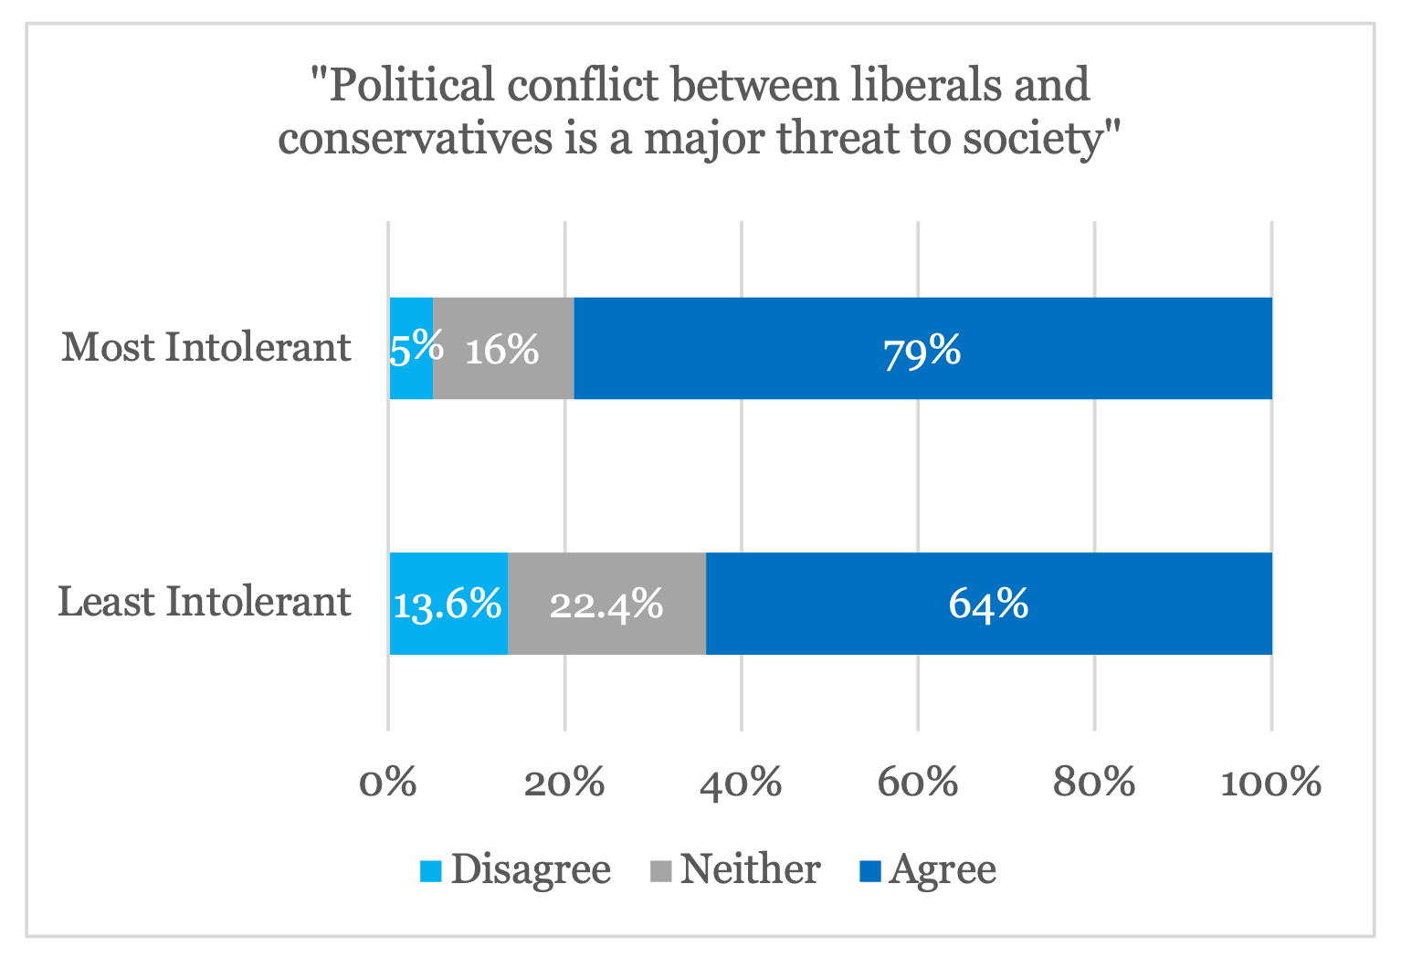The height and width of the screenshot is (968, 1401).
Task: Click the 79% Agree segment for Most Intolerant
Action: click(922, 349)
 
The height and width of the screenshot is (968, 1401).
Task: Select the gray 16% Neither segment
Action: click(503, 349)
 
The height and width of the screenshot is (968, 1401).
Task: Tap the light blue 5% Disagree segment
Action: click(411, 349)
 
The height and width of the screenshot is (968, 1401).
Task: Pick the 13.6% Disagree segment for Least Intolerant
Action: click(448, 604)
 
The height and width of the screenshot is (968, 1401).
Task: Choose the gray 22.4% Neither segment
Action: click(606, 604)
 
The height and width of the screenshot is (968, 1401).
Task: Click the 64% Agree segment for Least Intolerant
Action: click(988, 604)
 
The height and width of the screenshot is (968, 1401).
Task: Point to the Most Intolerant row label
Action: click(205, 348)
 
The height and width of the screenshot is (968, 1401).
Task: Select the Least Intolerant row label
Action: click(204, 603)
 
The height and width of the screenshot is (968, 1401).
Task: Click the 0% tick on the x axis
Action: click(388, 783)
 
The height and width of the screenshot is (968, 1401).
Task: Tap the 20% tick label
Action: click(564, 783)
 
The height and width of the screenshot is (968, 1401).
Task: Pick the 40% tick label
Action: click(741, 783)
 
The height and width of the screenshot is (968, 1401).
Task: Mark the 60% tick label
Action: click(918, 783)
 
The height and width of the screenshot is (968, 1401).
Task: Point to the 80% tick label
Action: click(1094, 783)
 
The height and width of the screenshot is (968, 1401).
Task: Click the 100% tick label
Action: click(1270, 783)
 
